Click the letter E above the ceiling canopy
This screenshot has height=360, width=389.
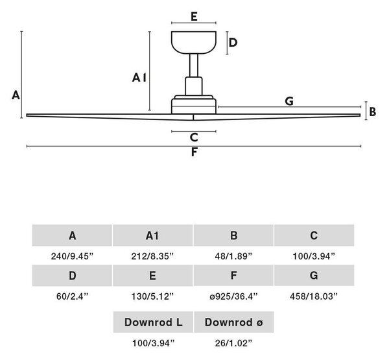194,17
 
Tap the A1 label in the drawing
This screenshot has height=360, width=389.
139,78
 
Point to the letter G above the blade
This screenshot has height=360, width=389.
289,101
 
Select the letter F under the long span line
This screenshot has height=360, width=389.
194,152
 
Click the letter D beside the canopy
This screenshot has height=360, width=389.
233,43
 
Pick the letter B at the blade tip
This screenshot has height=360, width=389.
372,112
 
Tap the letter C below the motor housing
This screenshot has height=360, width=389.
194,138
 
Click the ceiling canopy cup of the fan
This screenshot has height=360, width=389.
194,42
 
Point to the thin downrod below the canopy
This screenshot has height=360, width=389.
194,66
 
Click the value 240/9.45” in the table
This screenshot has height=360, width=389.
72,256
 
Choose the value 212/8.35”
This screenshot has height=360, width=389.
152,256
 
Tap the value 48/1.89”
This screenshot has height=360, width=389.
233,256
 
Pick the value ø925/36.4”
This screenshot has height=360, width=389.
233,296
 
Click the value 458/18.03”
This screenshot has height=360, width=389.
314,296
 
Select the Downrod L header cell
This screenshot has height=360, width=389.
153,322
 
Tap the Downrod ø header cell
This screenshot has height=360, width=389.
233,322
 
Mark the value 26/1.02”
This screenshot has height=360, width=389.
233,343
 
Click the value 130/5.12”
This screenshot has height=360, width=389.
152,296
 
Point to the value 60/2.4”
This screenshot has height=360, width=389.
72,296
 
